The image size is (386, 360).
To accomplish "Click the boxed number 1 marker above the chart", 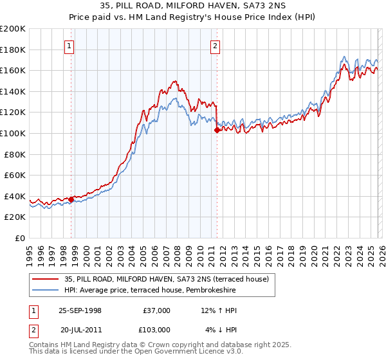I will click(69, 46).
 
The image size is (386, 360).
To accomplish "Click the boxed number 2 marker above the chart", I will click(214, 46).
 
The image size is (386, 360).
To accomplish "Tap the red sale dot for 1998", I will click(71, 199).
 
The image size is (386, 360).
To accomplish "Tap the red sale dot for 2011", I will click(217, 130).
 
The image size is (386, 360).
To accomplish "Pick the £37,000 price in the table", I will click(156, 310).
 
